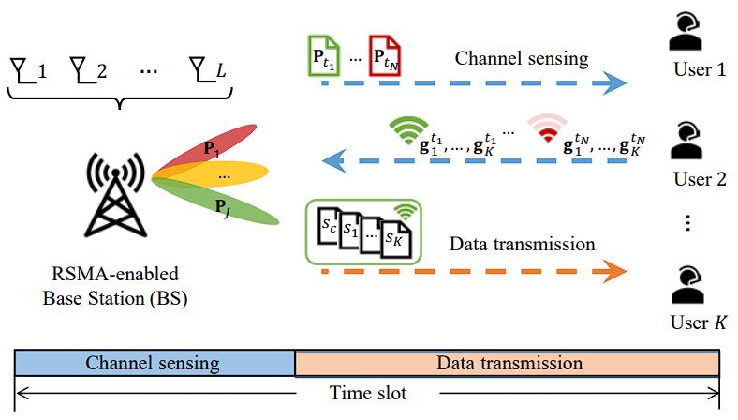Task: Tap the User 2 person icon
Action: (689, 141)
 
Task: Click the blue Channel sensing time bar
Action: (155, 363)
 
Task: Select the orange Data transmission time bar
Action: (507, 363)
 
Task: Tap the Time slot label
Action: (368, 393)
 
